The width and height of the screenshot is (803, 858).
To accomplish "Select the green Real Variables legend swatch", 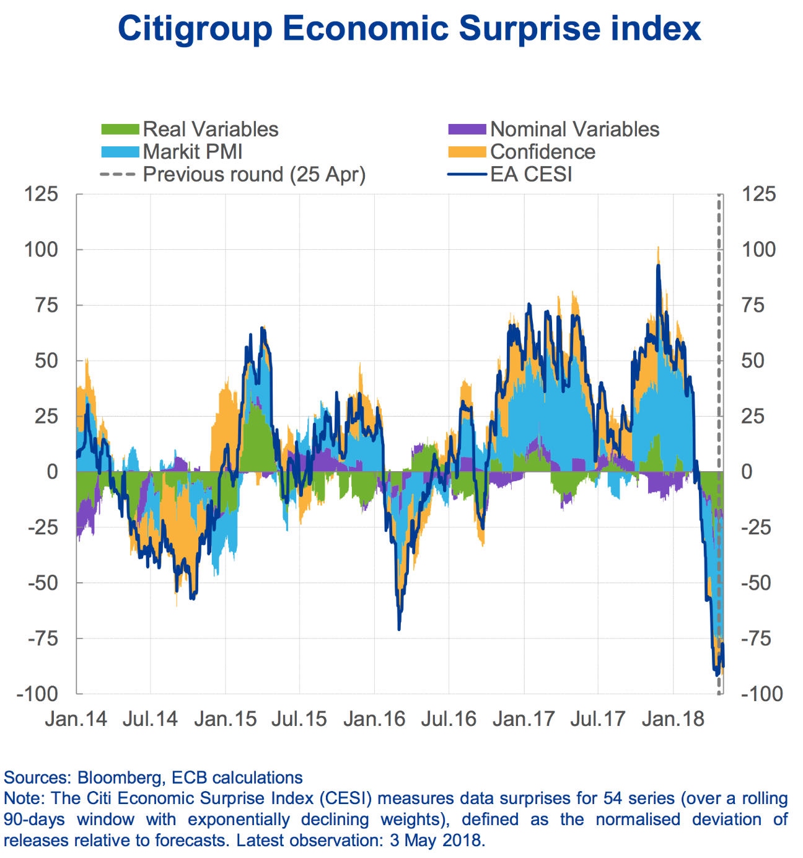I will (120, 130).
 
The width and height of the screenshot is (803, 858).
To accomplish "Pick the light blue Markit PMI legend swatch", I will (120, 152).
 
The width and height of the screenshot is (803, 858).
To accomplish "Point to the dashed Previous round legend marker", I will (117, 174).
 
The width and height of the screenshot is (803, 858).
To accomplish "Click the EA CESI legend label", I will (531, 174).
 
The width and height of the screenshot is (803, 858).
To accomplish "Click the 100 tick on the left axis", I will (41, 250).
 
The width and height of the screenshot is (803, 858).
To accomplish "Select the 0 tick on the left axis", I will (53, 472).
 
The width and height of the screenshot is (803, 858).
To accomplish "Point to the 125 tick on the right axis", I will (758, 194).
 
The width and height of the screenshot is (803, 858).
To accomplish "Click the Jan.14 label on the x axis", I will (76, 719).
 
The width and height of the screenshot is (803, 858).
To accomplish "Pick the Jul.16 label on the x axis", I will (449, 719).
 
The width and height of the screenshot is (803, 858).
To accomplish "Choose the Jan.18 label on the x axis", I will (673, 719).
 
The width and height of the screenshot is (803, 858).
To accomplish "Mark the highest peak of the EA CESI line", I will (658, 266).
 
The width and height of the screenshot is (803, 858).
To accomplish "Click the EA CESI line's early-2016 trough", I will (398, 629).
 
